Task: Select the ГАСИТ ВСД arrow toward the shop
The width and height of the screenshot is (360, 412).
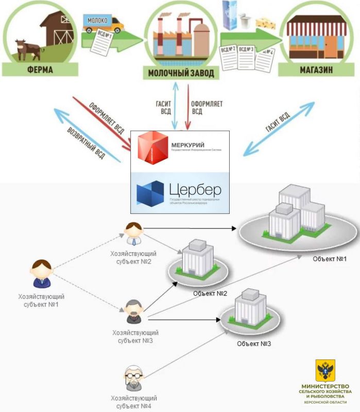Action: point(278,128)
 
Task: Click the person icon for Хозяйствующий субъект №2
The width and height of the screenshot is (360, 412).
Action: point(133,235)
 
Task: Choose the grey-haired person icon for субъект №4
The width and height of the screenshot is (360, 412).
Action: point(133,378)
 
